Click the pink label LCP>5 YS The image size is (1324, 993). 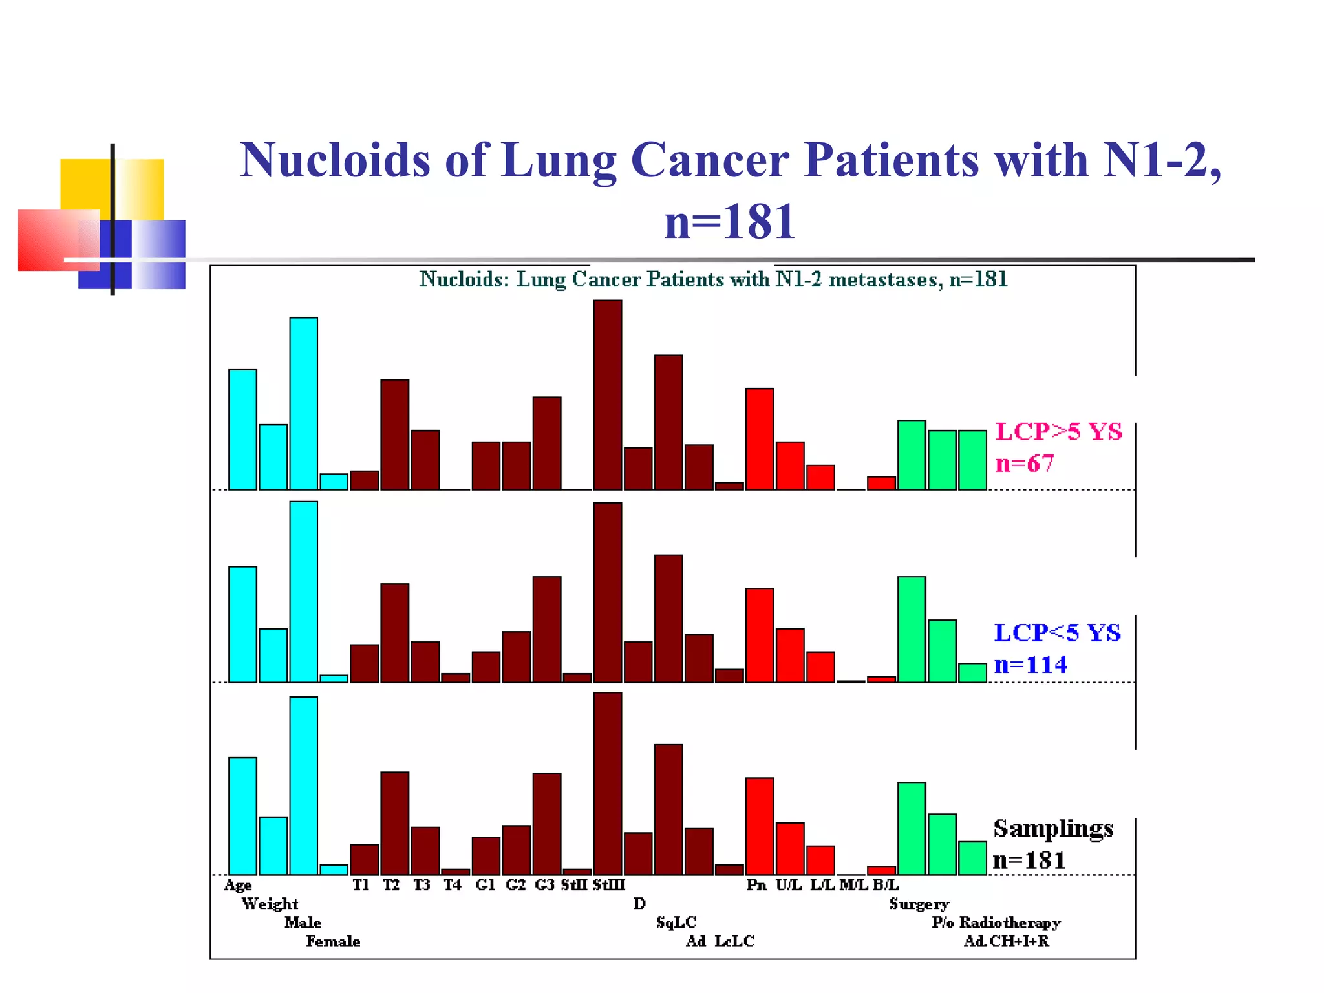coord(1058,431)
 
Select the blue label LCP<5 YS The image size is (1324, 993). coord(1057,632)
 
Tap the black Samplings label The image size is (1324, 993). coord(1053,828)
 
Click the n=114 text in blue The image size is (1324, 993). coord(1030,665)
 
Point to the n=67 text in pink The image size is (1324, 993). coord(1024,464)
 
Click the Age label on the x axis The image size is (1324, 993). coord(237,885)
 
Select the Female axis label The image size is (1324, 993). coord(333,941)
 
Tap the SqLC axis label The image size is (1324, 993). coord(676,923)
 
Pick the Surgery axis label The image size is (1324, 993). coord(919,904)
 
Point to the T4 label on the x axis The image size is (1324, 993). coord(452,884)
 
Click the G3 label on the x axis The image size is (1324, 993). coord(544,884)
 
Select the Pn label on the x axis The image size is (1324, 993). coord(756,884)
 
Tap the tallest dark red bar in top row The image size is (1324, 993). coord(608,394)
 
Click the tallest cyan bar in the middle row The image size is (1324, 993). coord(303,592)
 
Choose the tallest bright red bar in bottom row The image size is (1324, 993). coord(760,826)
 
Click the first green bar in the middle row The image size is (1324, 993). coord(912,629)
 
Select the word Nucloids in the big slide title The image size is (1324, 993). coord(335,160)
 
